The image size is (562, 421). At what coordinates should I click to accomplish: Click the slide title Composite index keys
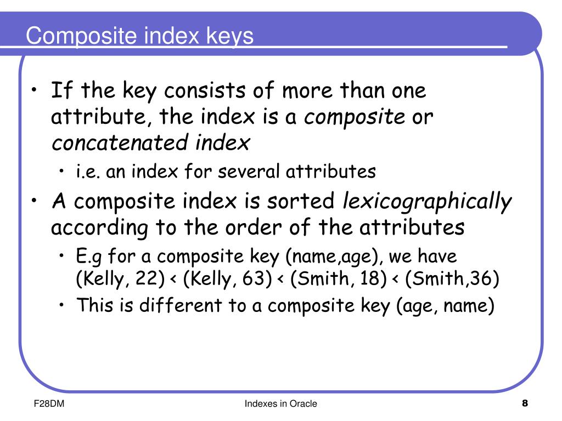pyautogui.click(x=140, y=36)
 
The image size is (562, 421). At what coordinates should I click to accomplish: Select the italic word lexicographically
pyautogui.click(x=427, y=202)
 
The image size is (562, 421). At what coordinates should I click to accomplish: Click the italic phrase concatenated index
pyautogui.click(x=151, y=143)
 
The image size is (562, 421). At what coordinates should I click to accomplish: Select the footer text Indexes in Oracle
pyautogui.click(x=281, y=405)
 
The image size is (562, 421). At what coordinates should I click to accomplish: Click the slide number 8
pyautogui.click(x=525, y=405)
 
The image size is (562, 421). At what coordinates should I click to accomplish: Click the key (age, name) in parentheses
pyautogui.click(x=445, y=305)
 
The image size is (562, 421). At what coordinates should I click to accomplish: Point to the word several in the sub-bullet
pyautogui.click(x=250, y=172)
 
